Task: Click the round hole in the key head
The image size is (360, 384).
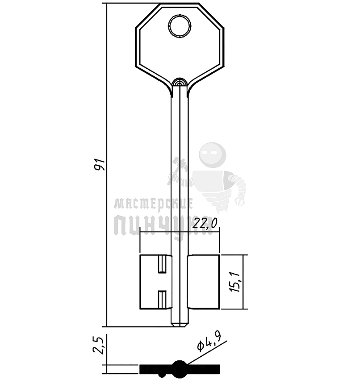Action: tap(180, 26)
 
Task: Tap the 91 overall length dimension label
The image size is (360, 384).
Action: tap(100, 164)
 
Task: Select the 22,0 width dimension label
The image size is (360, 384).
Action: tap(205, 223)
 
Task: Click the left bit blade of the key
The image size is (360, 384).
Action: tap(156, 282)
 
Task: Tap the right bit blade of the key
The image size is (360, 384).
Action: tap(204, 282)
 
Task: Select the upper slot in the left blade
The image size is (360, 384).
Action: tap(162, 264)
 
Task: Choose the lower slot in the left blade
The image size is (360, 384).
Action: tap(162, 300)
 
